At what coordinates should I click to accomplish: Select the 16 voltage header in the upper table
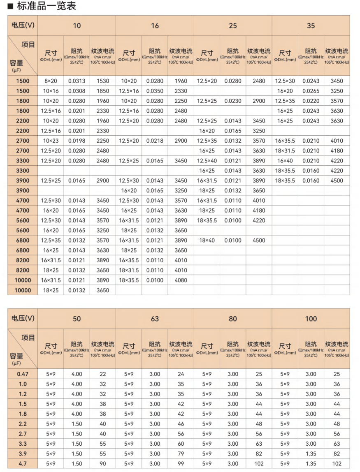(155, 25)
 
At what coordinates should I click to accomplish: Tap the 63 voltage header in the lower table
(155, 318)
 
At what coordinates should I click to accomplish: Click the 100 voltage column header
(311, 318)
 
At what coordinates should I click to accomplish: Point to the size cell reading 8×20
(51, 81)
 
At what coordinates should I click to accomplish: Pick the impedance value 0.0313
(77, 81)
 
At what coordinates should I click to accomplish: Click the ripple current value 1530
(102, 81)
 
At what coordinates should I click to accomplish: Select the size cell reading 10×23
(51, 141)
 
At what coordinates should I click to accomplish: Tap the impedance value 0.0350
(155, 91)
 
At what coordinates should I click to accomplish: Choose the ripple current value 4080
(181, 280)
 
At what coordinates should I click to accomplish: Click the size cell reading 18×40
(207, 241)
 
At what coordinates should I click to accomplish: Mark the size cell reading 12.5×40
(207, 161)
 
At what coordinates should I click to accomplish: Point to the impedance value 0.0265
(311, 91)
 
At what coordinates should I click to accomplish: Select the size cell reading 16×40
(285, 161)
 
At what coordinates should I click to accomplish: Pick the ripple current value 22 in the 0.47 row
(102, 374)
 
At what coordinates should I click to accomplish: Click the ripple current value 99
(181, 464)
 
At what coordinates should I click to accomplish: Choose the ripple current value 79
(181, 454)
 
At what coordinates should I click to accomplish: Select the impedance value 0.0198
(77, 141)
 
